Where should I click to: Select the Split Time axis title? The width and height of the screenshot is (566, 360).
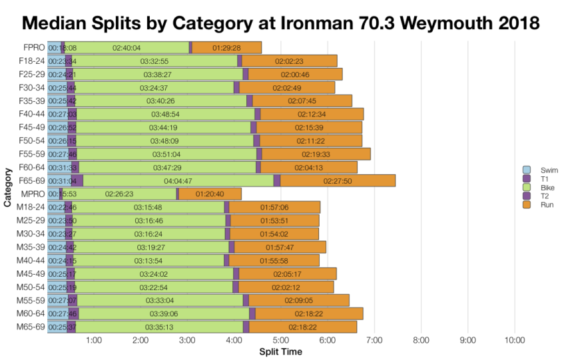pyautogui.click(x=280, y=351)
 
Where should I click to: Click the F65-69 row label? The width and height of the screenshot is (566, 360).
pyautogui.click(x=32, y=180)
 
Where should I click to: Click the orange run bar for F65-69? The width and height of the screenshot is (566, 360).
pyautogui.click(x=338, y=180)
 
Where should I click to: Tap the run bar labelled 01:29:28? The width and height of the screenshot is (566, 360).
pyautogui.click(x=226, y=47)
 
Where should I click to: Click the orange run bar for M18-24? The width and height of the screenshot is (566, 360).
pyautogui.click(x=274, y=207)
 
